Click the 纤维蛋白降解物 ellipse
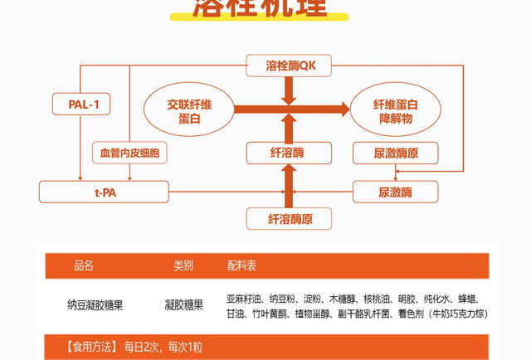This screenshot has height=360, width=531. (395, 110)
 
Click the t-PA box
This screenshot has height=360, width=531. (105, 192)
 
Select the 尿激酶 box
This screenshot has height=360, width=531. (395, 192)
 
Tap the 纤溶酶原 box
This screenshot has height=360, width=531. (289, 219)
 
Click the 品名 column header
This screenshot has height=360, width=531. (84, 266)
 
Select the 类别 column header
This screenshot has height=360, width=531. (183, 266)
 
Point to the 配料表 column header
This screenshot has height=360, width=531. (241, 266)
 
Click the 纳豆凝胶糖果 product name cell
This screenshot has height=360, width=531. (95, 305)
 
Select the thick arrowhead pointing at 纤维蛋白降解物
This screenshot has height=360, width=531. (341, 109)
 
